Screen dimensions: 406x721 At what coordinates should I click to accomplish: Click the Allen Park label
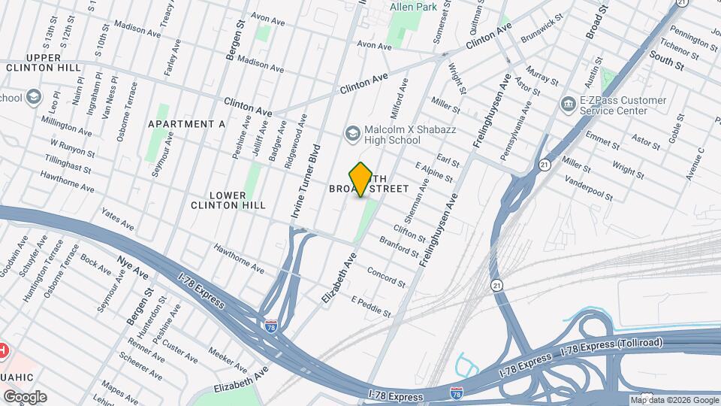(x=413, y=7)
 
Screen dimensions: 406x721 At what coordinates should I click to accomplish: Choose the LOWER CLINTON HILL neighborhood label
(x=228, y=200)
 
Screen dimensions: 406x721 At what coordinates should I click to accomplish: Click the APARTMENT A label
(x=187, y=124)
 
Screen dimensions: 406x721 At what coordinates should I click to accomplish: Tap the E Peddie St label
(x=372, y=306)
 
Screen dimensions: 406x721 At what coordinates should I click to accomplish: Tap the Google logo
(x=25, y=397)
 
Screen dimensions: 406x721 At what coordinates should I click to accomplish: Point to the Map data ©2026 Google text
(x=674, y=400)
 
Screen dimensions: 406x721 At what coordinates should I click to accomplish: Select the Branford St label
(x=398, y=247)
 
